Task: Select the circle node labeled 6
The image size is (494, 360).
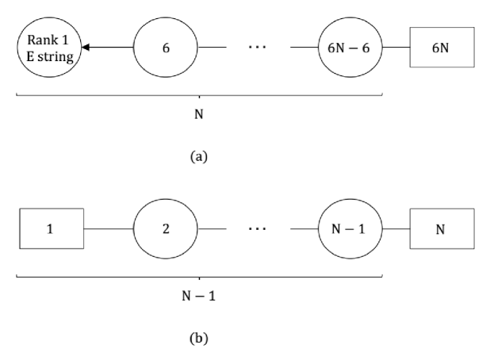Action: pos(165,48)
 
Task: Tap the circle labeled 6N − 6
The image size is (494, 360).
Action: pos(350,48)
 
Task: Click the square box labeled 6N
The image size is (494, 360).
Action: pos(441,48)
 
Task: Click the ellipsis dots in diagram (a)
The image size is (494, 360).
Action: pos(257,48)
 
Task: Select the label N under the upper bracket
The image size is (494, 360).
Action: pos(199,114)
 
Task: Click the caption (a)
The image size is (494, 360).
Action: pos(199,157)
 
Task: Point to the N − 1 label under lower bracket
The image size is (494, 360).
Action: pos(199,297)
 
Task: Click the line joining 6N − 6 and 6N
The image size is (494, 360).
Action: pos(395,48)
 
